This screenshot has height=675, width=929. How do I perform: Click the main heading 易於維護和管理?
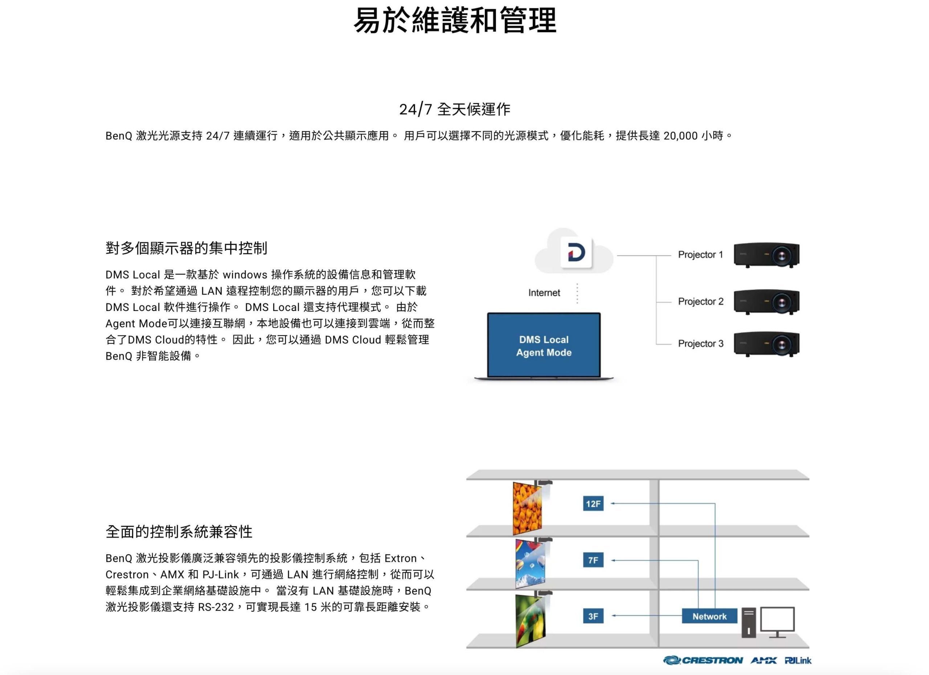coord(455,20)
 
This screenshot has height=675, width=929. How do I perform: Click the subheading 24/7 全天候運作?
coord(455,109)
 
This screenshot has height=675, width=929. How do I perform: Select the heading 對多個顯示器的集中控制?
coord(187,248)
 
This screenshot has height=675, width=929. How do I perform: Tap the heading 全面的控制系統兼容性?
coord(179,532)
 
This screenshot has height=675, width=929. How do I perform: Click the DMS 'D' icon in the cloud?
coord(576,253)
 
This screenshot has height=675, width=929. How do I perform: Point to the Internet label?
coord(544,293)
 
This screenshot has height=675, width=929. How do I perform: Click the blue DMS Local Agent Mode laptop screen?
coord(544,345)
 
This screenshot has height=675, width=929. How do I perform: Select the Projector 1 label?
coord(700,255)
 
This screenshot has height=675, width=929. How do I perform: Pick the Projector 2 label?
coord(701,302)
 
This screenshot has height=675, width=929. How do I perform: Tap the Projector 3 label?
coord(701,344)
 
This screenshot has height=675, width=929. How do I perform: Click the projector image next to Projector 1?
coord(766,255)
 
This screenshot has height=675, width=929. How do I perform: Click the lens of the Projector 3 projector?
coord(782,345)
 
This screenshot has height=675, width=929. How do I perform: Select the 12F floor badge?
coord(593,504)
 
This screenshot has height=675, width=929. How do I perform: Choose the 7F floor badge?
coord(593,560)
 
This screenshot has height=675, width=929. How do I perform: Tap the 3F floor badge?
coord(593,616)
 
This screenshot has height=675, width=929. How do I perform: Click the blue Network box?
coord(709,616)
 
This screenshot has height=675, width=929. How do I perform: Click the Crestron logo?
coord(703,660)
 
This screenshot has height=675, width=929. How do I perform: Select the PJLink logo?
coord(798,660)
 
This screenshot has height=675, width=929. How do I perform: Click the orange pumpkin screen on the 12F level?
coord(528,508)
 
